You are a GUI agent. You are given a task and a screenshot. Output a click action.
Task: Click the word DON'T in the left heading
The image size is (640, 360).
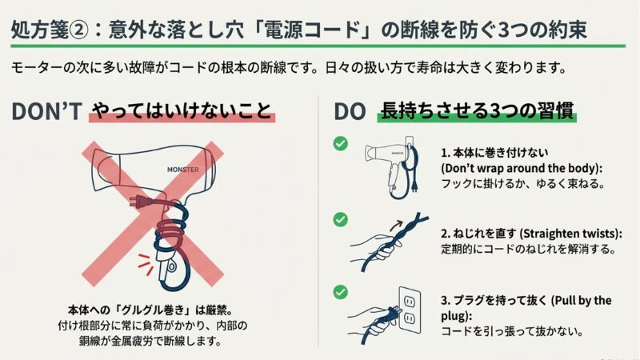[x=46, y=112]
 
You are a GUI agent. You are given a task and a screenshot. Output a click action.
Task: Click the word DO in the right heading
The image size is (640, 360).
[x=350, y=112]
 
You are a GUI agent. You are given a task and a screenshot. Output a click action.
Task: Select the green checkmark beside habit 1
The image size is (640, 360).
[x=340, y=143]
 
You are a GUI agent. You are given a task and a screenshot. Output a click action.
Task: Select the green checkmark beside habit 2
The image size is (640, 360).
[x=340, y=218]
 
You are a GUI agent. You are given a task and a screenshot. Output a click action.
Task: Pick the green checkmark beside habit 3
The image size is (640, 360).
[x=340, y=292]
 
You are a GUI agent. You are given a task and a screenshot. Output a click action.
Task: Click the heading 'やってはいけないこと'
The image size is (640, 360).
[x=182, y=111]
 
